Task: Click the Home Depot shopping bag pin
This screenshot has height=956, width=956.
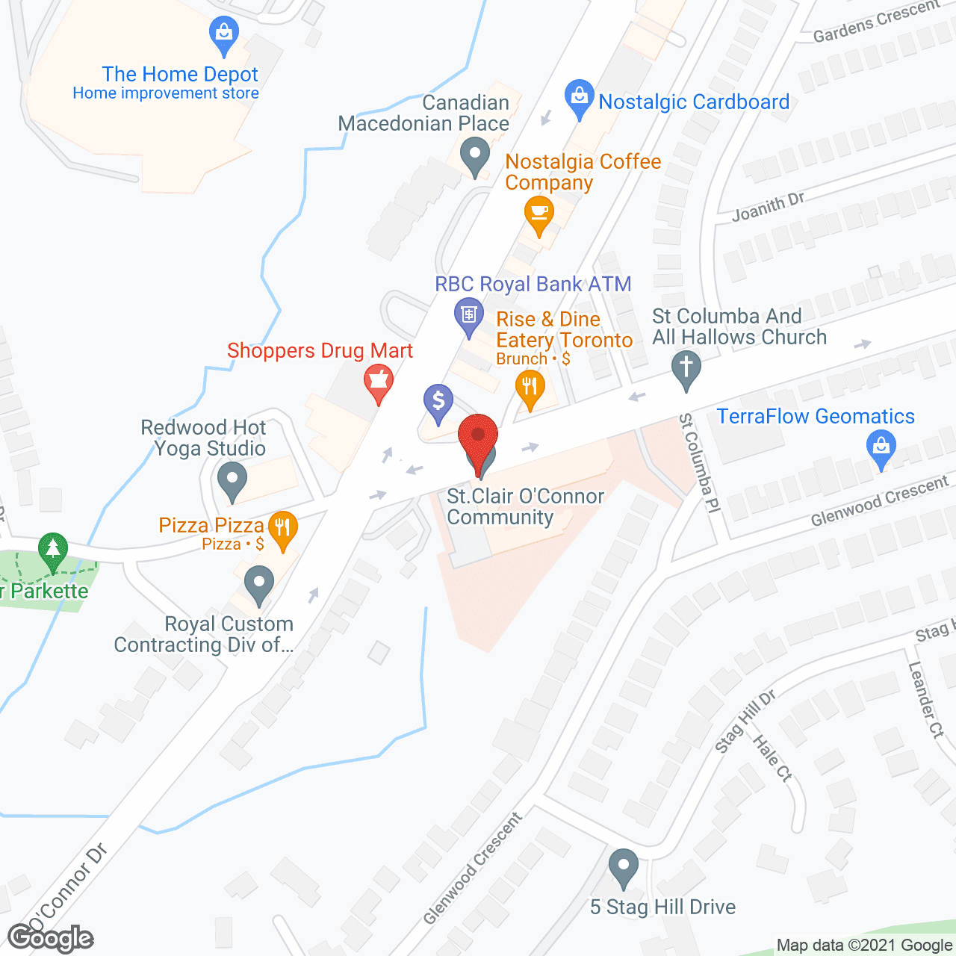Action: tap(223, 34)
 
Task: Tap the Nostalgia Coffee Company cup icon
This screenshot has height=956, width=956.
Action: tap(538, 213)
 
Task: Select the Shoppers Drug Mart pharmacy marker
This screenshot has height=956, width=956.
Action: tap(379, 382)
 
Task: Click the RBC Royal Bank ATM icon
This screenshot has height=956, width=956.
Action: tap(468, 314)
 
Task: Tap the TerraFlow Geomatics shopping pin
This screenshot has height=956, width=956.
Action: tap(881, 449)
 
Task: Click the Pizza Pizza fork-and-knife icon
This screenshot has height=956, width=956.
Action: tap(282, 529)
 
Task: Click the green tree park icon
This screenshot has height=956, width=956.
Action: tap(52, 550)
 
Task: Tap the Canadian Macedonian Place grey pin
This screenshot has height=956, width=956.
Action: tap(474, 156)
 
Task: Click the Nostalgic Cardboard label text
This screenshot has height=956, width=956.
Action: tap(694, 102)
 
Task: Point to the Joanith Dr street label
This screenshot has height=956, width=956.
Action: tap(768, 207)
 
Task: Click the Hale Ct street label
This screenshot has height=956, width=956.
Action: tap(772, 759)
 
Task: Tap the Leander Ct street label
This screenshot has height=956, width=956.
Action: tap(926, 700)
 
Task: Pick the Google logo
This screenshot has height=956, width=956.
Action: tap(51, 938)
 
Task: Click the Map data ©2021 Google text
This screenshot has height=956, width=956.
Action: tap(864, 946)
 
